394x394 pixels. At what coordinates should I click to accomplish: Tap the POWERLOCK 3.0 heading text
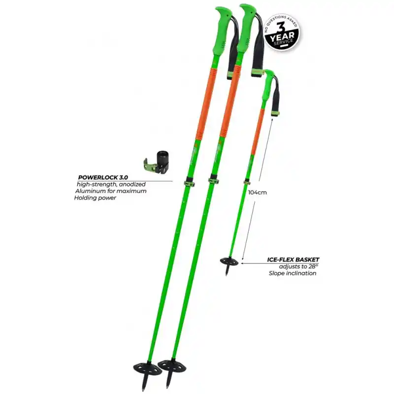[103, 177]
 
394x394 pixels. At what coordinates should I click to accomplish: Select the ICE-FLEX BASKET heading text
[293, 260]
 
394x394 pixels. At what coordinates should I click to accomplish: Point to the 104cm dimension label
[257, 193]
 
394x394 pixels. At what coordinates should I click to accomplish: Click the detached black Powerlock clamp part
[156, 163]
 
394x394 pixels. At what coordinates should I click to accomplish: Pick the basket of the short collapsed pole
[229, 262]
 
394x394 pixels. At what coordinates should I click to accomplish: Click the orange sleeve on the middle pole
[230, 101]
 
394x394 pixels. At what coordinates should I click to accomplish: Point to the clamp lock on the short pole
[247, 181]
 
